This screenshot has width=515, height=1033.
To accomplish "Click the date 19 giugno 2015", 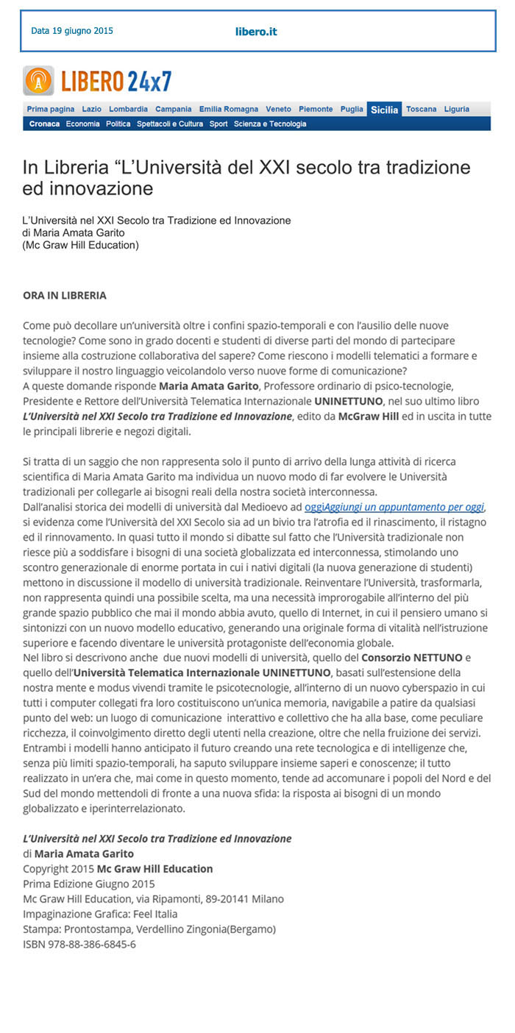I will (72, 31).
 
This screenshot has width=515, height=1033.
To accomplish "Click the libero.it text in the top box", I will (256, 32).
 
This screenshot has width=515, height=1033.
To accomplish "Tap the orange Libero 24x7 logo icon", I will (38, 80).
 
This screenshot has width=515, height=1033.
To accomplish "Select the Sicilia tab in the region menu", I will (385, 110).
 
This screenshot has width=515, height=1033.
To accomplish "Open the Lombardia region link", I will (128, 109).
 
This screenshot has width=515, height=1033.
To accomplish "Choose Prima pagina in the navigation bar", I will (51, 109).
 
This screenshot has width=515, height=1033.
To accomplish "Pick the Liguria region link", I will (456, 109).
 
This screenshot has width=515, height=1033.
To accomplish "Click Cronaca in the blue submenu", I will (44, 124).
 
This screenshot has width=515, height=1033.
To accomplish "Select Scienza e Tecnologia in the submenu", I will (270, 124).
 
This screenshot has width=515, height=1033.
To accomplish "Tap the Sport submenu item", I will (219, 124).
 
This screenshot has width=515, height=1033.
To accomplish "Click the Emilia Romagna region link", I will (229, 109).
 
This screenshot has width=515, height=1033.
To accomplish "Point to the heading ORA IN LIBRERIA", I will (65, 295).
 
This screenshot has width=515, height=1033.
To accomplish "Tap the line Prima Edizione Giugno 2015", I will (89, 884).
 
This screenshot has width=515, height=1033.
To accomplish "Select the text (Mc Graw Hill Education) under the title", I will (81, 245).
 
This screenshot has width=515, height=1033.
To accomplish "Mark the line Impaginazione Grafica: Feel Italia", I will (100, 914).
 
